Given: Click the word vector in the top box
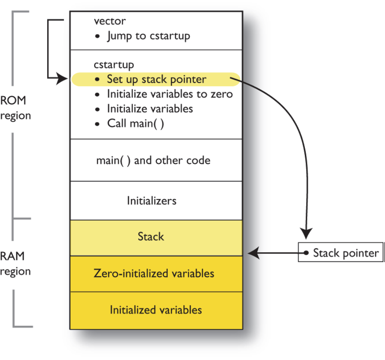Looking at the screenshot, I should pyautogui.click(x=109, y=21).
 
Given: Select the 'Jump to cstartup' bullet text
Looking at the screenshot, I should pyautogui.click(x=148, y=36).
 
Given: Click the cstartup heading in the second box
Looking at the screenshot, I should pyautogui.click(x=114, y=65).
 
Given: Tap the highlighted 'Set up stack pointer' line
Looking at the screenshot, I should pyautogui.click(x=156, y=79).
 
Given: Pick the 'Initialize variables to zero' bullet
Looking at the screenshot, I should pyautogui.click(x=169, y=94).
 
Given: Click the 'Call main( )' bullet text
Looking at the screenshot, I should pyautogui.click(x=135, y=123).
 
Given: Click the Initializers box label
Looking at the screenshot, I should pyautogui.click(x=151, y=201).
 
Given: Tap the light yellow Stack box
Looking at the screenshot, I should pyautogui.click(x=151, y=237).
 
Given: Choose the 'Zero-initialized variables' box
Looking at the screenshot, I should pyautogui.click(x=154, y=273).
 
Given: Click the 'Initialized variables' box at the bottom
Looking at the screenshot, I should pyautogui.click(x=156, y=310).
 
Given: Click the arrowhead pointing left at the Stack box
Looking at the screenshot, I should pyautogui.click(x=253, y=253).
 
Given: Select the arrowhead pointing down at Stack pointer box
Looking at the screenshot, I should pyautogui.click(x=306, y=234).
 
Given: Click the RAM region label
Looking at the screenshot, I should pyautogui.click(x=15, y=264).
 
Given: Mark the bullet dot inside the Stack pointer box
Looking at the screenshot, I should pyautogui.click(x=306, y=253).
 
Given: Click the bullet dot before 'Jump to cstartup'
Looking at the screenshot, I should pyautogui.click(x=97, y=36).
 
